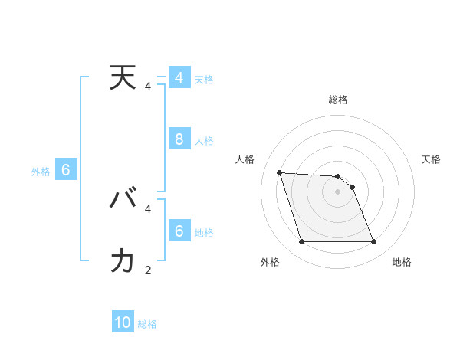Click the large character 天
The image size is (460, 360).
pyautogui.click(x=123, y=78)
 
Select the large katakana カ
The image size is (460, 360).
pyautogui.click(x=123, y=262)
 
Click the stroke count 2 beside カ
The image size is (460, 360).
pyautogui.click(x=148, y=270)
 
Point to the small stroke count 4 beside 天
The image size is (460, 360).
pyautogui.click(x=148, y=87)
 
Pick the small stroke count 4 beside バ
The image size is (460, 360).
pyautogui.click(x=148, y=208)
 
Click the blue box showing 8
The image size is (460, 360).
pyautogui.click(x=179, y=139)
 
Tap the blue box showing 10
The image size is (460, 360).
pyautogui.click(x=123, y=322)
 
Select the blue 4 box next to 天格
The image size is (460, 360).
pyautogui.click(x=179, y=78)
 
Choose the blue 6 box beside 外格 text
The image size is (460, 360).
pyautogui.click(x=66, y=170)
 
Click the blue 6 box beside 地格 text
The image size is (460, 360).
pyautogui.click(x=179, y=231)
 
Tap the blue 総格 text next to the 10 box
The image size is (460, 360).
pyautogui.click(x=147, y=324)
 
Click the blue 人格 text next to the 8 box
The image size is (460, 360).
pyautogui.click(x=204, y=141)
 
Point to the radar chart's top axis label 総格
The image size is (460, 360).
pyautogui.click(x=338, y=100)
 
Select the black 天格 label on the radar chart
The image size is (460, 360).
pyautogui.click(x=431, y=159)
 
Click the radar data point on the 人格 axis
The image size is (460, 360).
pyautogui.click(x=279, y=172)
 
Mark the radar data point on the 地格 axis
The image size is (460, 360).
pyautogui.click(x=374, y=242)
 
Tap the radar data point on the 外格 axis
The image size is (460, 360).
pyautogui.click(x=301, y=242)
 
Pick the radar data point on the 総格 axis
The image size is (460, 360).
pyautogui.click(x=337, y=176)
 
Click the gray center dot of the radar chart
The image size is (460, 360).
pyautogui.click(x=337, y=191)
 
